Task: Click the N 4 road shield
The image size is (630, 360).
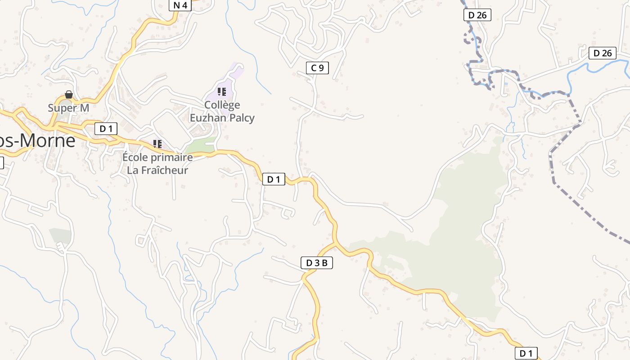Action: (x=180, y=5)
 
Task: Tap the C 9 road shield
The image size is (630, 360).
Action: (x=317, y=68)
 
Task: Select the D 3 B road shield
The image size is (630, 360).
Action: (x=316, y=263)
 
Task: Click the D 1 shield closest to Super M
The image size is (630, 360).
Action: (x=106, y=129)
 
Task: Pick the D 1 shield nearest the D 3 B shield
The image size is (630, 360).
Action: (x=274, y=179)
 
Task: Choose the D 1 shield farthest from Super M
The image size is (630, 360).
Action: (x=526, y=353)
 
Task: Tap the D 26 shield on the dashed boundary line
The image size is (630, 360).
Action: (x=477, y=15)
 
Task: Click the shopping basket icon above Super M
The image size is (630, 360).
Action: (x=69, y=95)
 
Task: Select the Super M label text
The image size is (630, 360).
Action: (x=68, y=108)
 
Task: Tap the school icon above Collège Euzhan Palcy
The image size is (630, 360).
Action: (x=221, y=92)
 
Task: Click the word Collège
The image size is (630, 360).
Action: (x=222, y=105)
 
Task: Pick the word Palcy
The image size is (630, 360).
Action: (x=243, y=118)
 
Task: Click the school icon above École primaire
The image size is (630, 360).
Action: (x=157, y=144)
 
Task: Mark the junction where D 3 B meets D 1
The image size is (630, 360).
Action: (x=335, y=243)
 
